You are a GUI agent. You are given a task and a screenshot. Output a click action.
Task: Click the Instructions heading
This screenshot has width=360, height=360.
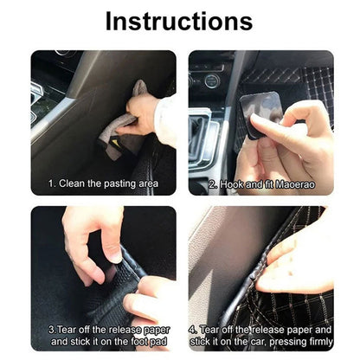click(x=179, y=21)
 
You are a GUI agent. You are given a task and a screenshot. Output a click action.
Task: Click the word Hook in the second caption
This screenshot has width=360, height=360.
click(x=233, y=183)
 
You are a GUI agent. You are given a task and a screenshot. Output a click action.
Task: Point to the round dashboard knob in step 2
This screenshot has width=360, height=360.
click(x=209, y=81)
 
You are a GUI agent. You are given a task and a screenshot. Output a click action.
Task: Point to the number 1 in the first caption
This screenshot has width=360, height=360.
click(x=51, y=183)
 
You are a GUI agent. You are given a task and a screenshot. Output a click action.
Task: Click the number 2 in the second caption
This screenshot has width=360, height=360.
click(x=213, y=183)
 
